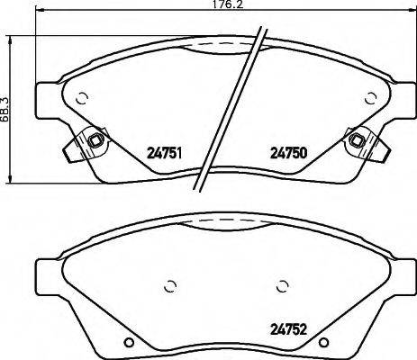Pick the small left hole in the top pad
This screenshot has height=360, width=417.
pos(82,100)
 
